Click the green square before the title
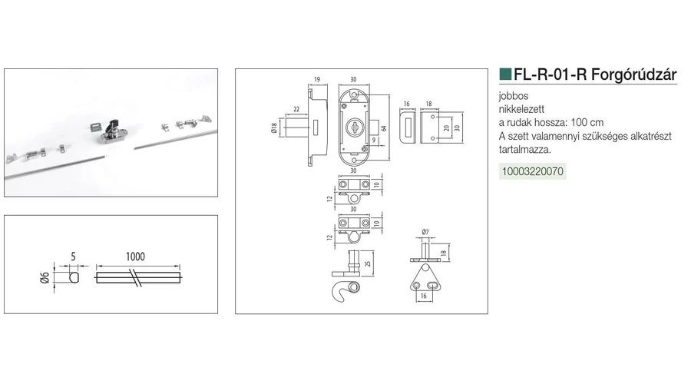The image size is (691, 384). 505,74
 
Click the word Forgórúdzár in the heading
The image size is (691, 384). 633,74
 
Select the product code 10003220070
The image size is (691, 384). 532,171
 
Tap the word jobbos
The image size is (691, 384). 514,96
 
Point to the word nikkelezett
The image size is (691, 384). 521,109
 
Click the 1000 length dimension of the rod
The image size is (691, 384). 135,257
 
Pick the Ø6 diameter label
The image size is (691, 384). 45,278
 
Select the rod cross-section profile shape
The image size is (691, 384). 74,277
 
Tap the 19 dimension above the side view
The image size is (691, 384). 317,80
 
